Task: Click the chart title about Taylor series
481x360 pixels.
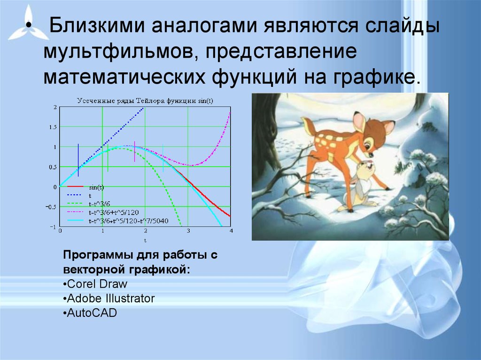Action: pyautogui.click(x=145, y=100)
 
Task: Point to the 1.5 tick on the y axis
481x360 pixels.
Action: pyautogui.click(x=53, y=127)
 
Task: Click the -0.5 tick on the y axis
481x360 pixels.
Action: pyautogui.click(x=51, y=207)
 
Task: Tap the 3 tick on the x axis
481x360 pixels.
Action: pyautogui.click(x=188, y=231)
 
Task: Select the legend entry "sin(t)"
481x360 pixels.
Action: pyautogui.click(x=96, y=187)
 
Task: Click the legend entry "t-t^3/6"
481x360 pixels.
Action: pyautogui.click(x=100, y=204)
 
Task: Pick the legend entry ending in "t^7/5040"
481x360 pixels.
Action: pyautogui.click(x=129, y=221)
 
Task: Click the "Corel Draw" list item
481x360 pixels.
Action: pyautogui.click(x=95, y=284)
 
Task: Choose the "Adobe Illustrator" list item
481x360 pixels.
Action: pyautogui.click(x=109, y=299)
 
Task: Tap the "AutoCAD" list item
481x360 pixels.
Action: pyautogui.click(x=90, y=313)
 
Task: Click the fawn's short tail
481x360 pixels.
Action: pyautogui.click(x=308, y=126)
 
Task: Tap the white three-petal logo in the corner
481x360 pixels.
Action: pyautogui.click(x=28, y=24)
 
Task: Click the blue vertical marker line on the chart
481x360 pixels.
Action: pyautogui.click(x=78, y=160)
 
